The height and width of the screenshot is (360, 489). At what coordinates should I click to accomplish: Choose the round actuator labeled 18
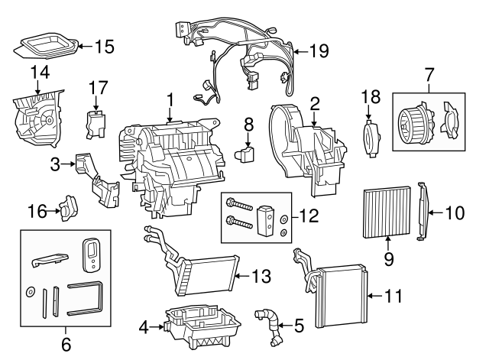tap(371, 138)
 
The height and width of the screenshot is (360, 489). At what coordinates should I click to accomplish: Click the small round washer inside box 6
tap(31, 291)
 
